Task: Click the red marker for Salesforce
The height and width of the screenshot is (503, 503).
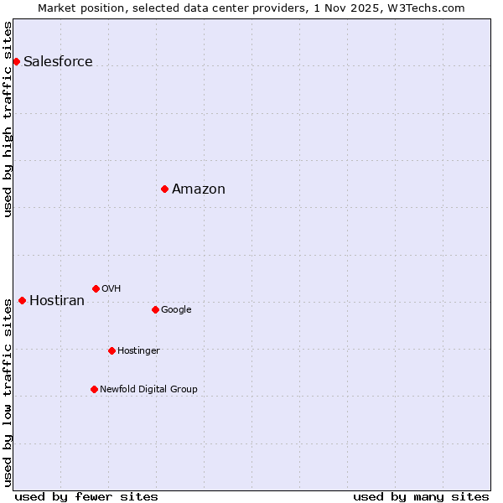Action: point(16,61)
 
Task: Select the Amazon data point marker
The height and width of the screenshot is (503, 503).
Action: point(164,189)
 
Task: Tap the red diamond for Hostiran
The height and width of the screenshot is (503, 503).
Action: point(22,300)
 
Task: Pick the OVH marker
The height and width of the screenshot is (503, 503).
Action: point(96,288)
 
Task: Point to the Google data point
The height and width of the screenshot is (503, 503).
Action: point(155,309)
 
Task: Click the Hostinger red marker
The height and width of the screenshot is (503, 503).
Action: point(111,350)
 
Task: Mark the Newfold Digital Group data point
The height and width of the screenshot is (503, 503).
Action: point(94,389)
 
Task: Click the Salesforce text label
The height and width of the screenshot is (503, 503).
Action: point(58,61)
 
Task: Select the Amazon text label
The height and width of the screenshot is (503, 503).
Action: point(199,189)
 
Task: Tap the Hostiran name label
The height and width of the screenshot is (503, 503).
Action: point(57,300)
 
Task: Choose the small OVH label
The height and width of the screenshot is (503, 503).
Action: point(111,288)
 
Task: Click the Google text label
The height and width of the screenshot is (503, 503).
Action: point(176,309)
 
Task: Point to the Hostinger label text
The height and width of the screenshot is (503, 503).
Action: point(138,350)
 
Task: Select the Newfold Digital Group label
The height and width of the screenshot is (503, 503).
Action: point(148,389)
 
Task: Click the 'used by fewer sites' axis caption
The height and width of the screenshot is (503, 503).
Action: point(86,496)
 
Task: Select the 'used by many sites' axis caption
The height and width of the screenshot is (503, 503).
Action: point(421,496)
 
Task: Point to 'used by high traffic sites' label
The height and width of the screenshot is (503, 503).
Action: point(8,119)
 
